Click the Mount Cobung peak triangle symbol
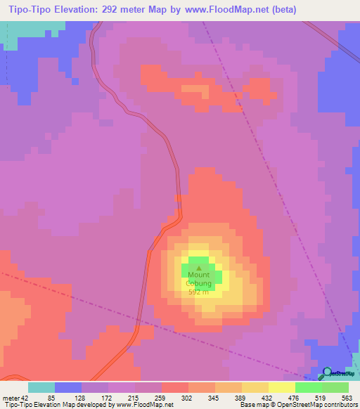(x=199, y=267)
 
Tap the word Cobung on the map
(x=199, y=284)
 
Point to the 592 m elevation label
(x=199, y=292)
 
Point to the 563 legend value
(x=347, y=398)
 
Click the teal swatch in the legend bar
(x=41, y=387)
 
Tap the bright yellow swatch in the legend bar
(x=282, y=387)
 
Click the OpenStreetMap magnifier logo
(x=328, y=372)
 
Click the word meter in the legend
(x=10, y=398)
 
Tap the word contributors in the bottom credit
(x=338, y=405)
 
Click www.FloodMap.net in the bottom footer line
(x=143, y=405)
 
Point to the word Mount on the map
(x=199, y=275)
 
